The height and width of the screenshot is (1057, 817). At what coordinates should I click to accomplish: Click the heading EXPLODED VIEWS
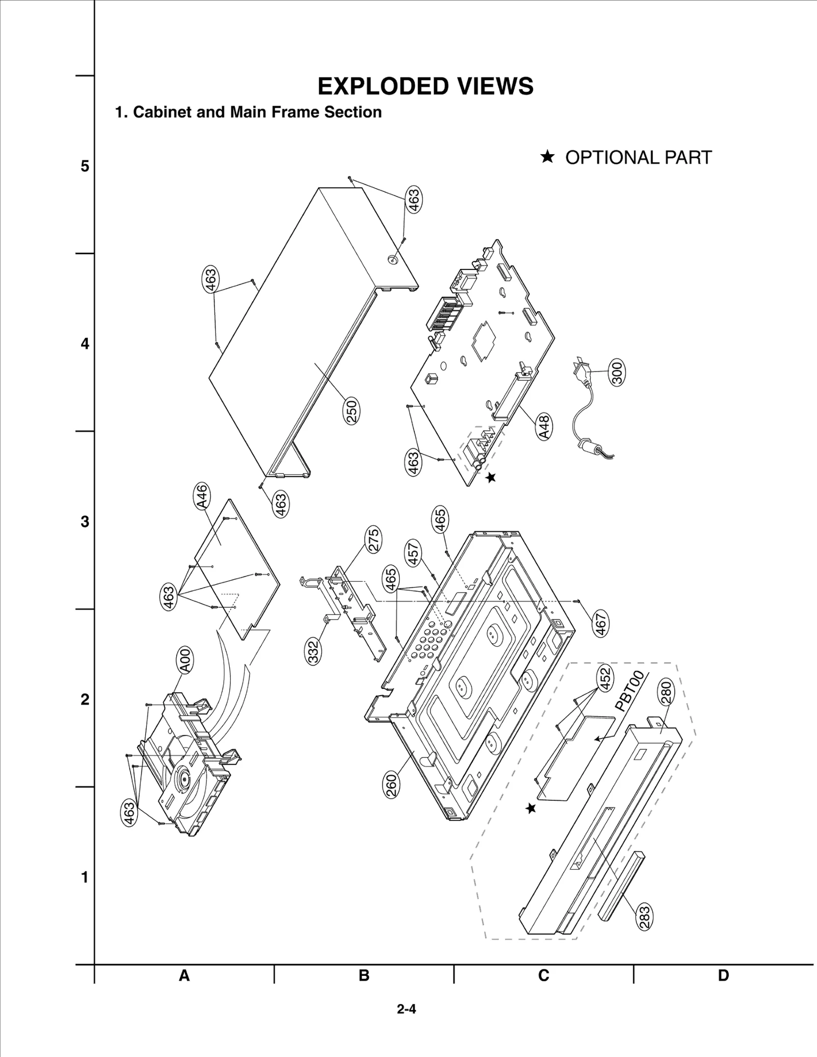pyautogui.click(x=425, y=86)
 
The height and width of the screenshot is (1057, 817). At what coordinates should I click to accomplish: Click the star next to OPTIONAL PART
pyautogui.click(x=547, y=157)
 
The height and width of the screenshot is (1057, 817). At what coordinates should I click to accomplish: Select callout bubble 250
pyautogui.click(x=352, y=411)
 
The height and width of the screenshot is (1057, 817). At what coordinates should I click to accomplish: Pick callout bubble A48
pyautogui.click(x=544, y=427)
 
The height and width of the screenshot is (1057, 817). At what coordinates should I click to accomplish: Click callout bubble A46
pyautogui.click(x=202, y=496)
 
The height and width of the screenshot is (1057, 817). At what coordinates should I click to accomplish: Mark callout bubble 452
pyautogui.click(x=605, y=679)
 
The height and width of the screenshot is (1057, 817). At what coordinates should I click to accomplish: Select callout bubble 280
pyautogui.click(x=666, y=694)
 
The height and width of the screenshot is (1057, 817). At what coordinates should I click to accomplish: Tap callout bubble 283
pyautogui.click(x=644, y=917)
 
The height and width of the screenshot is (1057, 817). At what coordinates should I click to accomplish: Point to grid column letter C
pyautogui.click(x=543, y=975)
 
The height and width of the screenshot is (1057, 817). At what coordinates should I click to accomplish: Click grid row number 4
pyautogui.click(x=85, y=343)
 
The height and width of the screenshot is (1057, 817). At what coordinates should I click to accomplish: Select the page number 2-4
pyautogui.click(x=406, y=1009)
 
